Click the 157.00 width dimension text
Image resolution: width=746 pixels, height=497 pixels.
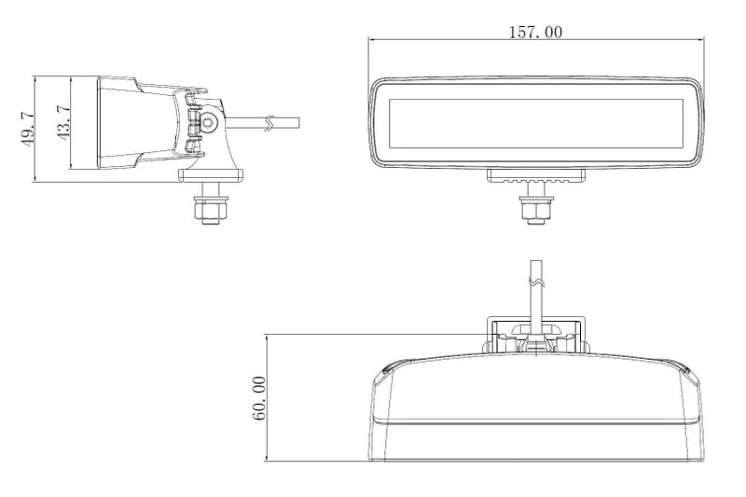(534, 32)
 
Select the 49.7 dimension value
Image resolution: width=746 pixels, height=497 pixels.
(27, 129)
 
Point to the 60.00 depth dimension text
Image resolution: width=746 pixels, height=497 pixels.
(258, 398)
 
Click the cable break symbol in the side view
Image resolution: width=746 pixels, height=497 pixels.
(269, 121)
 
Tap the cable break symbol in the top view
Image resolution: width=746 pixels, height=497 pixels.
(535, 277)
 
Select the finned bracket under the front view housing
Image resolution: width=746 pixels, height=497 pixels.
(535, 176)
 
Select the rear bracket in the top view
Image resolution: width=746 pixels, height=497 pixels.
(536, 334)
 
